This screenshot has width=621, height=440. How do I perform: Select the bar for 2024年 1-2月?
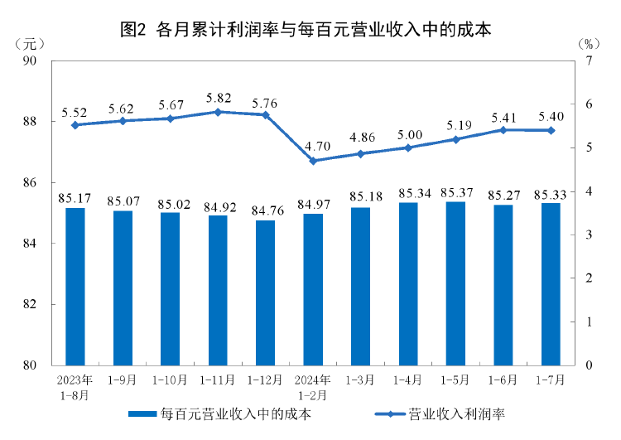[313, 289]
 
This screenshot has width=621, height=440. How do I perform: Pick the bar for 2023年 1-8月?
[75, 286]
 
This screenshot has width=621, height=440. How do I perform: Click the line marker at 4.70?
[313, 161]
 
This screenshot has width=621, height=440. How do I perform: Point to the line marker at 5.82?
[218, 112]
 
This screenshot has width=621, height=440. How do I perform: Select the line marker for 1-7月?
[551, 130]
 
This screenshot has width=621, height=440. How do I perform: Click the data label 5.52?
[75, 111]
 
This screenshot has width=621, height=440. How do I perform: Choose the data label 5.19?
[455, 124]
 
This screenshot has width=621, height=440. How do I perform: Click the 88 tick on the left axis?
[31, 122]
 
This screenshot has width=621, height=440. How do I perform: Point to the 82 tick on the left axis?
[31, 304]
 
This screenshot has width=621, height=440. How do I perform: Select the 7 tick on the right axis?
[588, 60]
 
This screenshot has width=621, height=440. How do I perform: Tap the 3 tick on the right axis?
[588, 235]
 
